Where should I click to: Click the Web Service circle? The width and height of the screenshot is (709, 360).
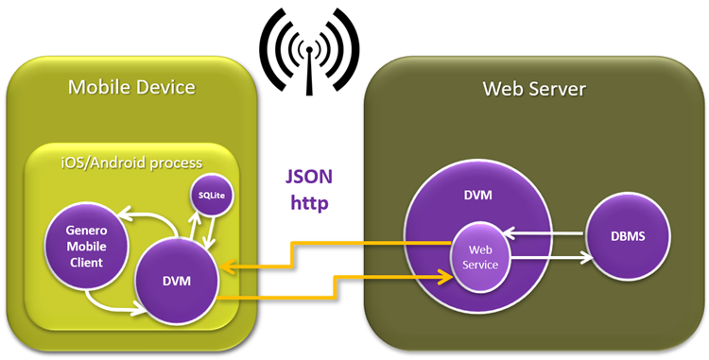pyautogui.click(x=476, y=256)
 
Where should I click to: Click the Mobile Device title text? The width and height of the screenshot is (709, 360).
pyautogui.click(x=131, y=88)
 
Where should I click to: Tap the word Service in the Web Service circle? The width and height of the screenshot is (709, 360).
pyautogui.click(x=476, y=265)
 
